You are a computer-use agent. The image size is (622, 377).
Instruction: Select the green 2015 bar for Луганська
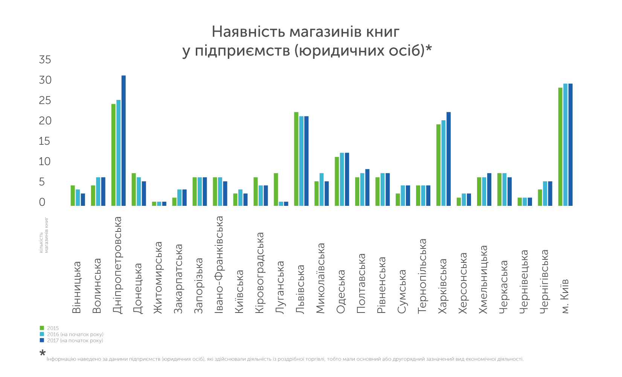click(x=276, y=189)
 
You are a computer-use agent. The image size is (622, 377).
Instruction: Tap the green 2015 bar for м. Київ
click(x=560, y=147)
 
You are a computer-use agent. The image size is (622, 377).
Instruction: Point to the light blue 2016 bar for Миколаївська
click(x=322, y=189)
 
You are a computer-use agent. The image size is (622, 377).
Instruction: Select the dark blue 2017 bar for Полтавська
click(x=367, y=187)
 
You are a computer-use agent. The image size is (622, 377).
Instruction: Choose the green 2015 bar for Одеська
click(x=337, y=181)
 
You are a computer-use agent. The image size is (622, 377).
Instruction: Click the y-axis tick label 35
click(x=45, y=60)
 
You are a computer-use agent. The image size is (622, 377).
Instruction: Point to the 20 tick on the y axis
click(x=45, y=121)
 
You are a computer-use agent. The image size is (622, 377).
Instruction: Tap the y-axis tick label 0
click(x=42, y=202)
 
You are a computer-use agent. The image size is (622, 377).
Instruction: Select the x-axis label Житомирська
click(x=158, y=277)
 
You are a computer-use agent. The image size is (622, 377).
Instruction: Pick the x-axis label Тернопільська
click(x=422, y=276)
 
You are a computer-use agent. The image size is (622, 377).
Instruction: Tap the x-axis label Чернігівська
click(x=544, y=281)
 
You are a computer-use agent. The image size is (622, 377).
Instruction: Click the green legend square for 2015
click(x=42, y=328)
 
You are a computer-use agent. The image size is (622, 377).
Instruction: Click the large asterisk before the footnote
click(x=43, y=353)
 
